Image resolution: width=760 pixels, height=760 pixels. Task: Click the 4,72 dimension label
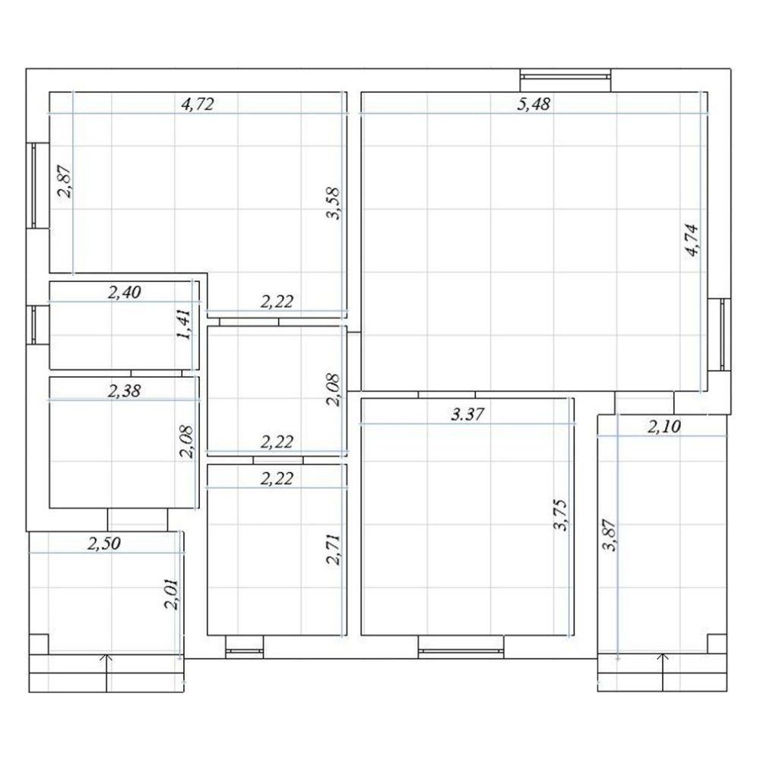[x=198, y=104]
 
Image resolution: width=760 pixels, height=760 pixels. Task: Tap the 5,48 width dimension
[x=534, y=104]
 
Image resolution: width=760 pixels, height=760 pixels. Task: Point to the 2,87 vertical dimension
[x=65, y=182]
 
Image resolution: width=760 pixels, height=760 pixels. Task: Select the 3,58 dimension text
[x=334, y=204]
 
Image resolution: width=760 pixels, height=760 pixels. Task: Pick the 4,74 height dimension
[x=692, y=239]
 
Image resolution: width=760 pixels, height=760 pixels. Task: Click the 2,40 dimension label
[x=124, y=293]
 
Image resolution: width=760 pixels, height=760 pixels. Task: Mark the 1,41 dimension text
[x=184, y=325]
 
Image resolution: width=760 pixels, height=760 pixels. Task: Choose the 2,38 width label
[x=124, y=391]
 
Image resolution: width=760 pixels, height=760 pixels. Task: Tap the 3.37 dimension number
[x=467, y=414]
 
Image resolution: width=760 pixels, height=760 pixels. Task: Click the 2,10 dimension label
[x=664, y=427]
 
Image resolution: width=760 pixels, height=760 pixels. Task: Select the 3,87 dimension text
[x=609, y=535]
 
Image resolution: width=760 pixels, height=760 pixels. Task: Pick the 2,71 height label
[x=334, y=549]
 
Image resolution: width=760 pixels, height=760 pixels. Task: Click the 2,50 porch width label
[x=103, y=543]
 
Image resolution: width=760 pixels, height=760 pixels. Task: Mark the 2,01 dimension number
[x=172, y=594]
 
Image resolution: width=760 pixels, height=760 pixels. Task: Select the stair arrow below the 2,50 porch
[x=107, y=673]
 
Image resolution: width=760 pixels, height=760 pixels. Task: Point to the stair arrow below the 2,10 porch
[x=663, y=673]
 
